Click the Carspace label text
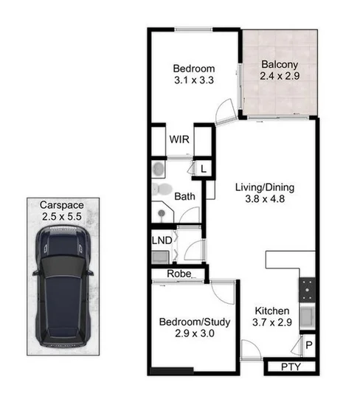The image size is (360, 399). coord(61,205)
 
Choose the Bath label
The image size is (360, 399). coord(184,196)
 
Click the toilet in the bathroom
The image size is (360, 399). coord(161,190)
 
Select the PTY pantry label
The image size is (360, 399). coord(290,367)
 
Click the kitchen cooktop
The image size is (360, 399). coord(307,290)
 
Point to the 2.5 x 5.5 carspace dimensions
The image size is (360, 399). coord(61,217)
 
